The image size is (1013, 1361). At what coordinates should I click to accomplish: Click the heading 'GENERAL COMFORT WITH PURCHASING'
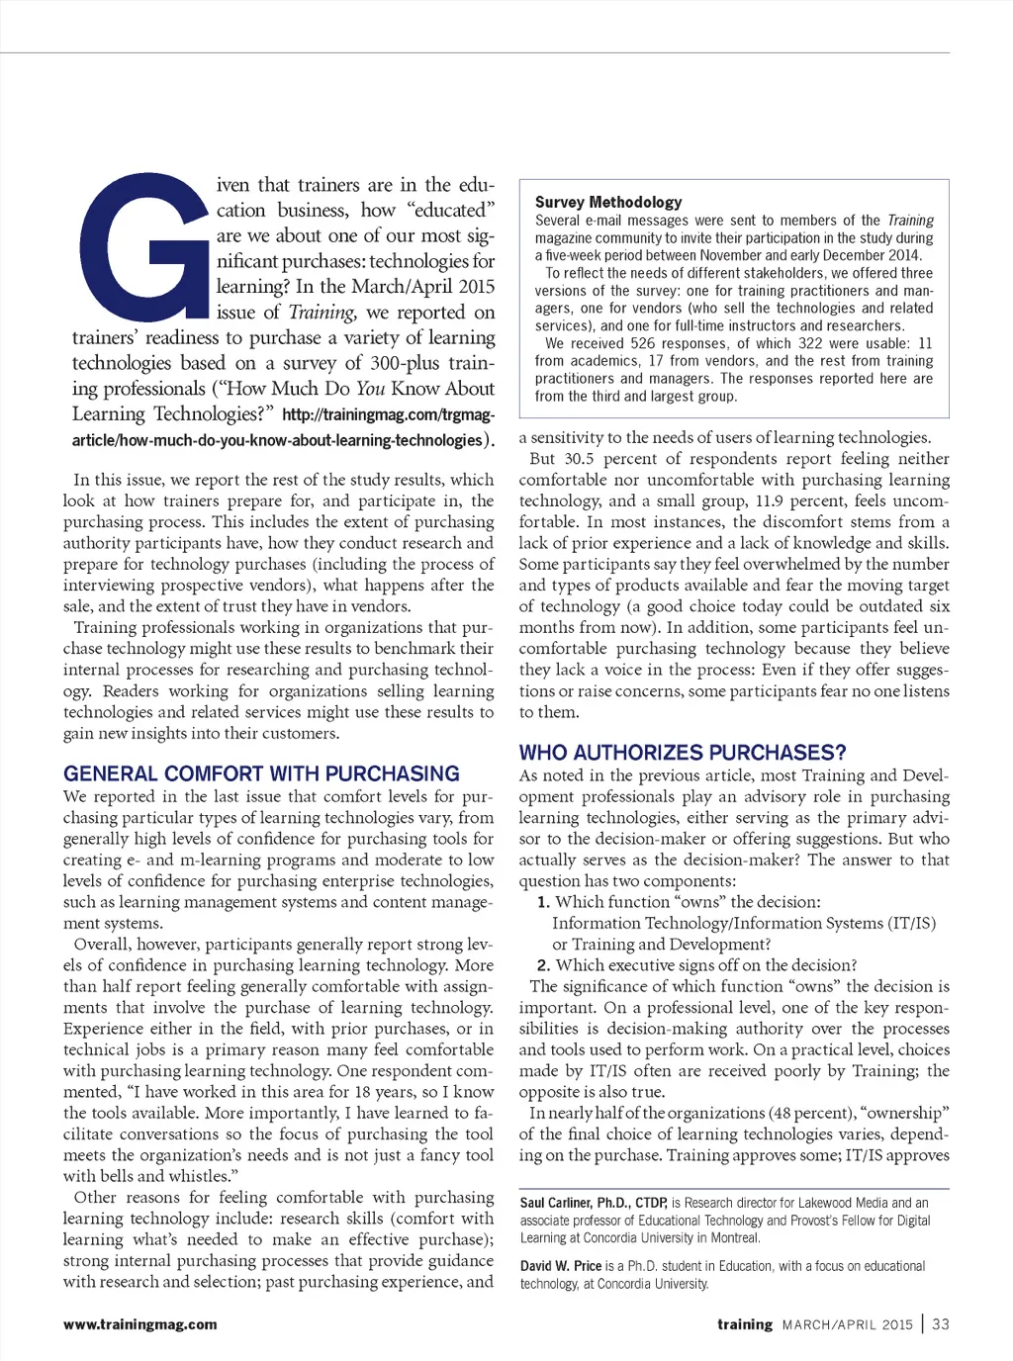click(261, 773)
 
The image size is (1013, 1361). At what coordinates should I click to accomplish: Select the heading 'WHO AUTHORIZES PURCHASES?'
click(683, 753)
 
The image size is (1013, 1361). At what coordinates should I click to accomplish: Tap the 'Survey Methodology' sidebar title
click(608, 202)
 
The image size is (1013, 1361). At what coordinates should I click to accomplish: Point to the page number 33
click(941, 1324)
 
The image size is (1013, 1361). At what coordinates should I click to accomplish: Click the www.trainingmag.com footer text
click(140, 1324)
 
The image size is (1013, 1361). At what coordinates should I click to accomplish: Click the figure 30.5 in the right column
click(580, 459)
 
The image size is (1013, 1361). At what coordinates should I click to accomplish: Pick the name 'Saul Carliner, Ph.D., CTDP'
click(594, 1203)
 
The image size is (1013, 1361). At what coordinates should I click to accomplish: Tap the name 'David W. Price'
click(561, 1266)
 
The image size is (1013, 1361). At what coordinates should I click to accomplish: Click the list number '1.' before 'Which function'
click(543, 902)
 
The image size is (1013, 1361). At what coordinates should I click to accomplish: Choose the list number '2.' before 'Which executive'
click(543, 965)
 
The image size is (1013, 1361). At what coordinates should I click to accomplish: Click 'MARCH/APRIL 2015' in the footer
click(848, 1324)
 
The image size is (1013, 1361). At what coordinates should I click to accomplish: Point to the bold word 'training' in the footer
click(745, 1324)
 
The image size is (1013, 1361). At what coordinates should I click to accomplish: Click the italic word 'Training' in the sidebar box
click(910, 221)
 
